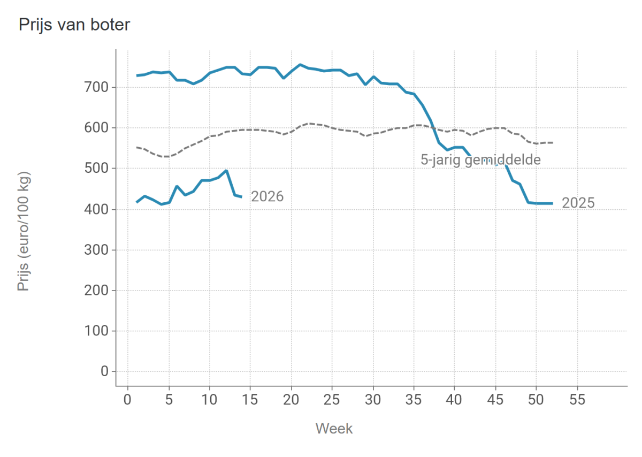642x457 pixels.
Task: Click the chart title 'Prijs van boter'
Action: click(x=74, y=25)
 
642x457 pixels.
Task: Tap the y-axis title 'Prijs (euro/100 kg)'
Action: click(x=24, y=231)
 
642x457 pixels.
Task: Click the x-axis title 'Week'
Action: click(x=334, y=429)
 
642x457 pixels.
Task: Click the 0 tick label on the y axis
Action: click(x=104, y=371)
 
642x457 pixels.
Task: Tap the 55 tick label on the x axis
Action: click(x=577, y=399)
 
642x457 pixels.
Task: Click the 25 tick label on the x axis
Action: click(x=332, y=399)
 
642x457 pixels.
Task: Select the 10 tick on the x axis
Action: click(x=210, y=399)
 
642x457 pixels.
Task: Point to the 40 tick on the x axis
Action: click(x=455, y=399)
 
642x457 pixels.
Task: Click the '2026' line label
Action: click(x=267, y=197)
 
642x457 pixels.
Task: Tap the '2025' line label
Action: click(x=578, y=203)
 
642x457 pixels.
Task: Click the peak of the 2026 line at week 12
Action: click(x=226, y=171)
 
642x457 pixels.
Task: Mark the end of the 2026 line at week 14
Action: click(x=242, y=197)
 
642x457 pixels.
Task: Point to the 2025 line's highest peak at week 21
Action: click(x=300, y=65)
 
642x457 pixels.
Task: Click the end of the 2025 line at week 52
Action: click(x=553, y=203)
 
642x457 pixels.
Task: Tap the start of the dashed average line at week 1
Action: click(x=136, y=147)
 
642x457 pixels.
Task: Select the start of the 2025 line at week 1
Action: click(x=136, y=75)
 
